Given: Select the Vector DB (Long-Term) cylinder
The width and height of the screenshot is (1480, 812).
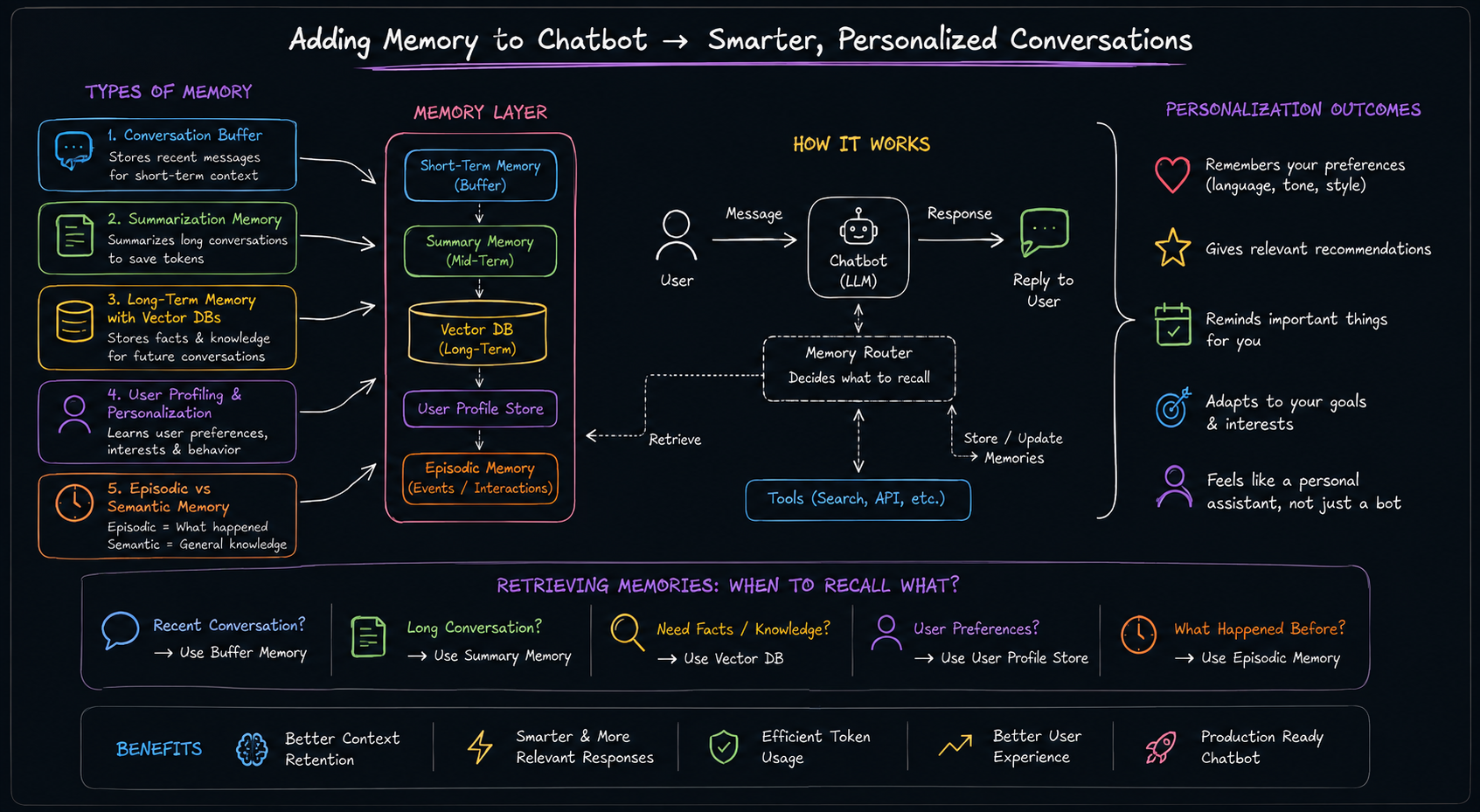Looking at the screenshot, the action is [477, 333].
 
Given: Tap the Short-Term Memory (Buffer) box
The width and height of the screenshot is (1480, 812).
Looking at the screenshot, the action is [480, 175].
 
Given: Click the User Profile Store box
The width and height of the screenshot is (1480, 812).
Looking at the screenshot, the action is [480, 409].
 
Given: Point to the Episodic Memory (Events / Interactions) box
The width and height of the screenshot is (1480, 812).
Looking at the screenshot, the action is [480, 478].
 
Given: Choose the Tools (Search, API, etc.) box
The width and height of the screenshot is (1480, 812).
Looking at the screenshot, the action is [858, 499].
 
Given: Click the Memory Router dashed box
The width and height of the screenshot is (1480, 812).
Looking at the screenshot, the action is [859, 369].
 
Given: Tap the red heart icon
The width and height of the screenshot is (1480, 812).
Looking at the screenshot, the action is [1172, 175].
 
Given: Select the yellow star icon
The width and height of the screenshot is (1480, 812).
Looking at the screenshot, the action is [1173, 247].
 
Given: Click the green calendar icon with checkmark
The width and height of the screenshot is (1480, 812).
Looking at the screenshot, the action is [1173, 324].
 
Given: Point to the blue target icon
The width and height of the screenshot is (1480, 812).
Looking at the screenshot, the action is [1173, 407].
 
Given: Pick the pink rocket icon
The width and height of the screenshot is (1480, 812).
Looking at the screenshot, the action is [1161, 747].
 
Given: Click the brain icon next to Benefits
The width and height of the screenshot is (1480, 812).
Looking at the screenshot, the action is [252, 749].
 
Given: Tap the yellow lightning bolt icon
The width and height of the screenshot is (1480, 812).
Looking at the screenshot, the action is [480, 747].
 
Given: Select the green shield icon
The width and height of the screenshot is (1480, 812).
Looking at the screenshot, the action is [724, 747].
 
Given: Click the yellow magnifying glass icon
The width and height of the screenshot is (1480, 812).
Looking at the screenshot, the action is [627, 632].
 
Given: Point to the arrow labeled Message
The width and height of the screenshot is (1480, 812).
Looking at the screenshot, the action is [754, 239].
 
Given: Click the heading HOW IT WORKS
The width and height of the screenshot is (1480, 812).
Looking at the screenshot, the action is [862, 144].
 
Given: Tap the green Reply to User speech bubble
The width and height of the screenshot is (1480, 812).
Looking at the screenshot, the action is [1044, 232].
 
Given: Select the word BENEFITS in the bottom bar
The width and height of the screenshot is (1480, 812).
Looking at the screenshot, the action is [159, 748].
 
